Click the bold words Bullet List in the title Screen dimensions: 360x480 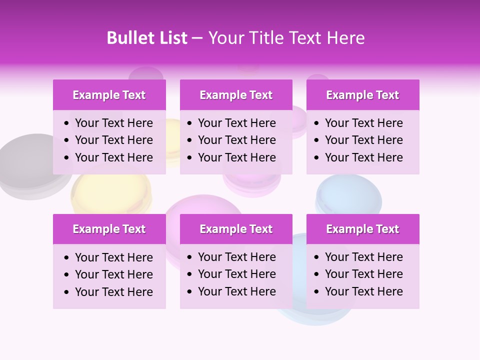pyautogui.click(x=147, y=38)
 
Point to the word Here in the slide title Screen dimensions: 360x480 pyautogui.click(x=345, y=38)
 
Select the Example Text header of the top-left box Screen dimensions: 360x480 pyautogui.click(x=109, y=95)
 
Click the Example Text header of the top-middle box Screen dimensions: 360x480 pyautogui.click(x=236, y=95)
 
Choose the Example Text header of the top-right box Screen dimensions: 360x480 pyautogui.click(x=362, y=95)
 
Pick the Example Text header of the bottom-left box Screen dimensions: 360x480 pyautogui.click(x=109, y=229)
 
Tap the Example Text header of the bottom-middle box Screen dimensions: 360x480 pyautogui.click(x=236, y=229)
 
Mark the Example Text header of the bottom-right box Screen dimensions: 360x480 pyautogui.click(x=362, y=229)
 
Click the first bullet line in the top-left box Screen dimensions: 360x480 pyautogui.click(x=113, y=123)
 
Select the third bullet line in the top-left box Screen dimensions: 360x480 pyautogui.click(x=113, y=157)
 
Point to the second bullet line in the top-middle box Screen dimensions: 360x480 pyautogui.click(x=236, y=140)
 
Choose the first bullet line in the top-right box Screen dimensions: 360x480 pyautogui.click(x=363, y=123)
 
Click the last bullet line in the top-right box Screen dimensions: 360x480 pyautogui.click(x=363, y=157)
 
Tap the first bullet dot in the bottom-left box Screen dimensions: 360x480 pyautogui.click(x=67, y=258)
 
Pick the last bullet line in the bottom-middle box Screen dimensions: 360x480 pyautogui.click(x=236, y=291)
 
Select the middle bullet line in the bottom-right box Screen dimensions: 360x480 pyautogui.click(x=363, y=274)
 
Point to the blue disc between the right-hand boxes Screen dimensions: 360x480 pyautogui.click(x=348, y=195)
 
